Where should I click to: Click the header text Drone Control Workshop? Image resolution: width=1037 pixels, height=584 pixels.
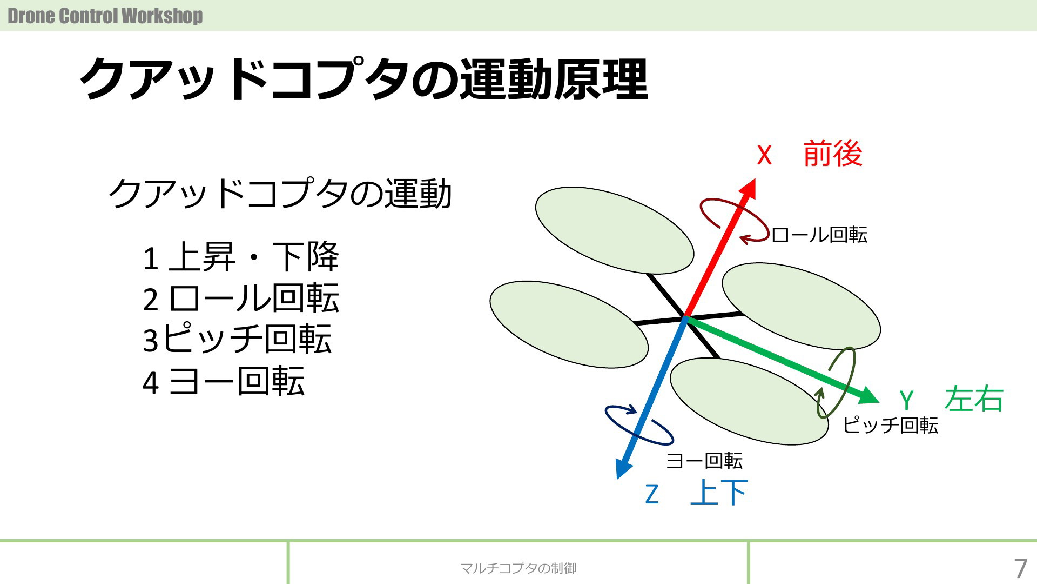(x=105, y=16)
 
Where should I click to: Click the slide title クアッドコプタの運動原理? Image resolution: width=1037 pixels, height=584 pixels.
(x=364, y=79)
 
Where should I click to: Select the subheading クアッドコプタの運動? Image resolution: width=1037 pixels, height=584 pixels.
(x=280, y=193)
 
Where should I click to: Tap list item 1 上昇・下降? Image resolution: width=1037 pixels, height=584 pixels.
(x=241, y=257)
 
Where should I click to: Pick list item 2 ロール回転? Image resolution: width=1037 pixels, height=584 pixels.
(x=241, y=298)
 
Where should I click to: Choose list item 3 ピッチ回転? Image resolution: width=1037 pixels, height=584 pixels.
(x=237, y=339)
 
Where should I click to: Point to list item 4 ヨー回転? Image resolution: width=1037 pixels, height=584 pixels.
(x=224, y=381)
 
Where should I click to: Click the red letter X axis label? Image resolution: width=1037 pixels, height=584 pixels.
(x=764, y=155)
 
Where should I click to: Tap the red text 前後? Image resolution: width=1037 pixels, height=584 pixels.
(x=833, y=154)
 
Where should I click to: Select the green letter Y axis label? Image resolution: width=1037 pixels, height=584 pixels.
(x=906, y=401)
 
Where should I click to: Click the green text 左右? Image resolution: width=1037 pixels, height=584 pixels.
(x=974, y=399)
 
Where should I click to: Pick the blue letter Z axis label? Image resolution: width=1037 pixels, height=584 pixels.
(x=652, y=494)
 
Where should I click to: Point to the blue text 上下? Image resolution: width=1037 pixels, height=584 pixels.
(x=719, y=493)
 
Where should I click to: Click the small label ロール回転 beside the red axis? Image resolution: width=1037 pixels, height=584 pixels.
(x=819, y=235)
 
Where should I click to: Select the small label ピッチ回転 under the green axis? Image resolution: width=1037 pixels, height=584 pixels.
(x=890, y=425)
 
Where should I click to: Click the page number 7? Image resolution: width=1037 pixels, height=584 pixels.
(x=1020, y=569)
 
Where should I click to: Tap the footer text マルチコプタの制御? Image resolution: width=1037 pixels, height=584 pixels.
(x=518, y=568)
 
